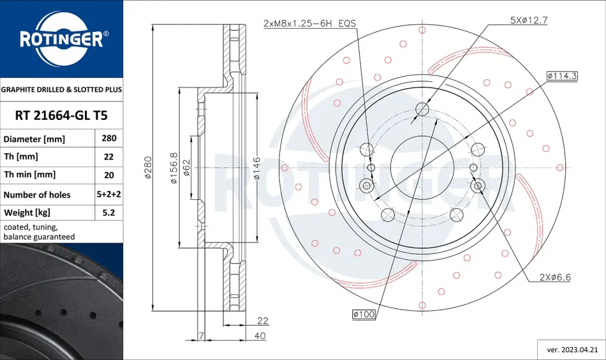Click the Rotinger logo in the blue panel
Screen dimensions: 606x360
62,39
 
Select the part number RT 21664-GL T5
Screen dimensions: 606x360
61,116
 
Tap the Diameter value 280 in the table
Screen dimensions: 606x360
109,138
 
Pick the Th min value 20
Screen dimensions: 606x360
109,175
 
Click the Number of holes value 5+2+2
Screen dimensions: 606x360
109,194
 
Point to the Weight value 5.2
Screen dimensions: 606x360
109,213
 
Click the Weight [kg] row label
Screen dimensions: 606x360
27,213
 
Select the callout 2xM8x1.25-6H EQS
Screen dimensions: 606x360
309,23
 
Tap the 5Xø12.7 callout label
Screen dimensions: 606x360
529,20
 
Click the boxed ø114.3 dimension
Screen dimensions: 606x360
562,76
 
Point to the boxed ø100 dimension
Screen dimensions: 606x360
364,315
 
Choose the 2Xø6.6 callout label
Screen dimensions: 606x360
555,277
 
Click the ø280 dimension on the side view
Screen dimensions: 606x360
148,167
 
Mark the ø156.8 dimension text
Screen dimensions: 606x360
174,168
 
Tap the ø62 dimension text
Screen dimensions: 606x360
186,168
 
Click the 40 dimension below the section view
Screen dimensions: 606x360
260,336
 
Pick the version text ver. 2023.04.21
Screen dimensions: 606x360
572,350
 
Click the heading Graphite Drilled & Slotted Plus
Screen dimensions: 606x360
61,89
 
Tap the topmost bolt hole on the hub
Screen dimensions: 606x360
422,109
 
